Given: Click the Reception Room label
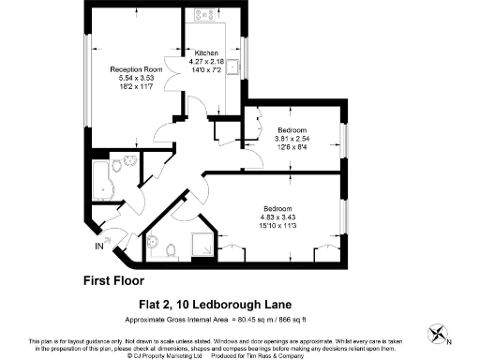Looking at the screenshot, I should tap(136, 69).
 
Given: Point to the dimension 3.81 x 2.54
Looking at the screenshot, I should tap(292, 139).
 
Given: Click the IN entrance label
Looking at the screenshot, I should tap(99, 247).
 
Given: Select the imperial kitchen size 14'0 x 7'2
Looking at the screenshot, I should tap(206, 70).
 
